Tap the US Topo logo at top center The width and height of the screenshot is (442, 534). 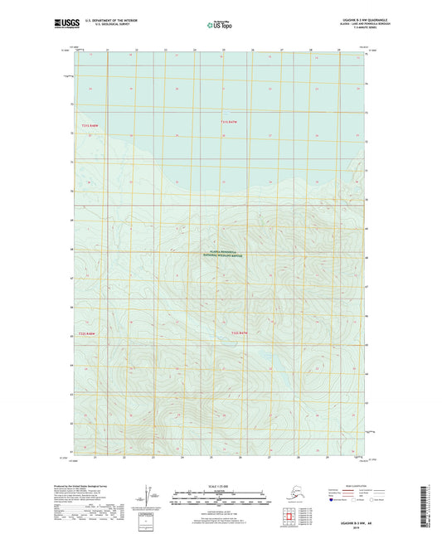(220, 26)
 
